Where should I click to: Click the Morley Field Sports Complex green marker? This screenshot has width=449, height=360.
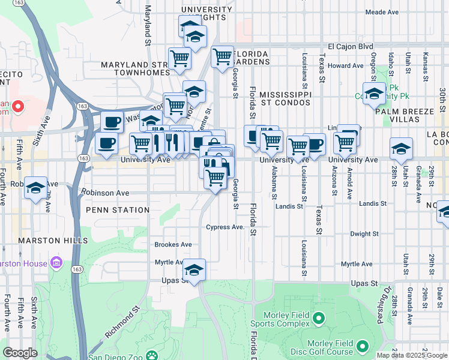pyautogui.click(x=319, y=317)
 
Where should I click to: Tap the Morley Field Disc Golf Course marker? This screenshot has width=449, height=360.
pyautogui.click(x=363, y=346)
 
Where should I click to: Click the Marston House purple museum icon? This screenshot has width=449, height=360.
pyautogui.click(x=57, y=262)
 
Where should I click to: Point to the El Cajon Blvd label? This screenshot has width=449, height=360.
pyautogui.click(x=351, y=47)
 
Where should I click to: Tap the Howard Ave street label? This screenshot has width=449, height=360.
pyautogui.click(x=346, y=66)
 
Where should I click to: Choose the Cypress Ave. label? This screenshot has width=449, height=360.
pyautogui.click(x=226, y=227)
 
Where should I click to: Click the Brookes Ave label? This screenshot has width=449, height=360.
pyautogui.click(x=173, y=245)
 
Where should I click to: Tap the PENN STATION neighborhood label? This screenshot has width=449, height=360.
pyautogui.click(x=118, y=210)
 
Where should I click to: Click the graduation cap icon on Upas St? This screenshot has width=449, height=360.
pyautogui.click(x=194, y=269)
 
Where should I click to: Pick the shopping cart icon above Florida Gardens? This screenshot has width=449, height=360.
pyautogui.click(x=222, y=56)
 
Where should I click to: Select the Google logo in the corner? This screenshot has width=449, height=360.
pyautogui.click(x=20, y=353)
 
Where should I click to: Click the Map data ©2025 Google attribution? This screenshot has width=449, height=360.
pyautogui.click(x=412, y=355)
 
